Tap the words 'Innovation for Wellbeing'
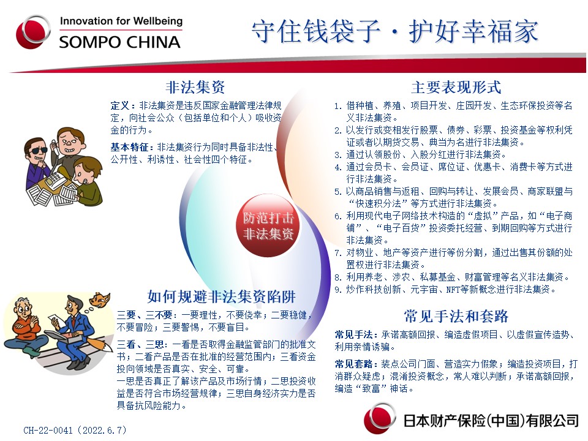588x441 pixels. (121, 21)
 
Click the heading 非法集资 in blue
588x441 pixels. (195, 88)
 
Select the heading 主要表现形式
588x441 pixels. (456, 88)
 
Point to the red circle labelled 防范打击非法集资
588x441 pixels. (268, 226)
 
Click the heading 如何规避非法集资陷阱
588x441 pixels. (221, 296)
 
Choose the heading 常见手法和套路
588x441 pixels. (456, 316)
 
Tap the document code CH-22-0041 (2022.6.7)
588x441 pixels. (75, 430)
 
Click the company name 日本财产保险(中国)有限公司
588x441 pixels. (491, 421)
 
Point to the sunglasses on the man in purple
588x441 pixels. (37, 150)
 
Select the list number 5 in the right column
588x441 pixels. (338, 192)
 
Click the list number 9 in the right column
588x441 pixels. (338, 290)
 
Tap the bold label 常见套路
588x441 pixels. (354, 364)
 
